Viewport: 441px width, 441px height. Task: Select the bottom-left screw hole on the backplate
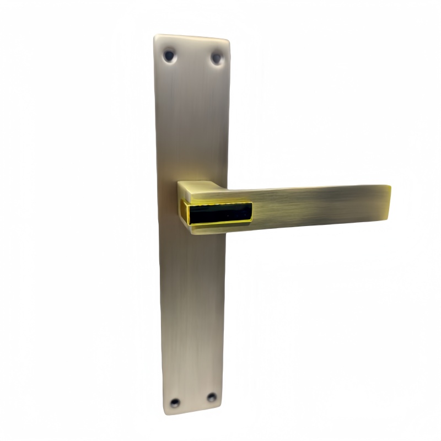[175, 403]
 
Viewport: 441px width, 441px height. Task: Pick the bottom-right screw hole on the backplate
[211, 397]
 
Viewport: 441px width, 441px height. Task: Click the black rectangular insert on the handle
[220, 212]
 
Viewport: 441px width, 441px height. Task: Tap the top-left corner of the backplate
[156, 37]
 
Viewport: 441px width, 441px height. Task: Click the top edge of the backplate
[192, 37]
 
